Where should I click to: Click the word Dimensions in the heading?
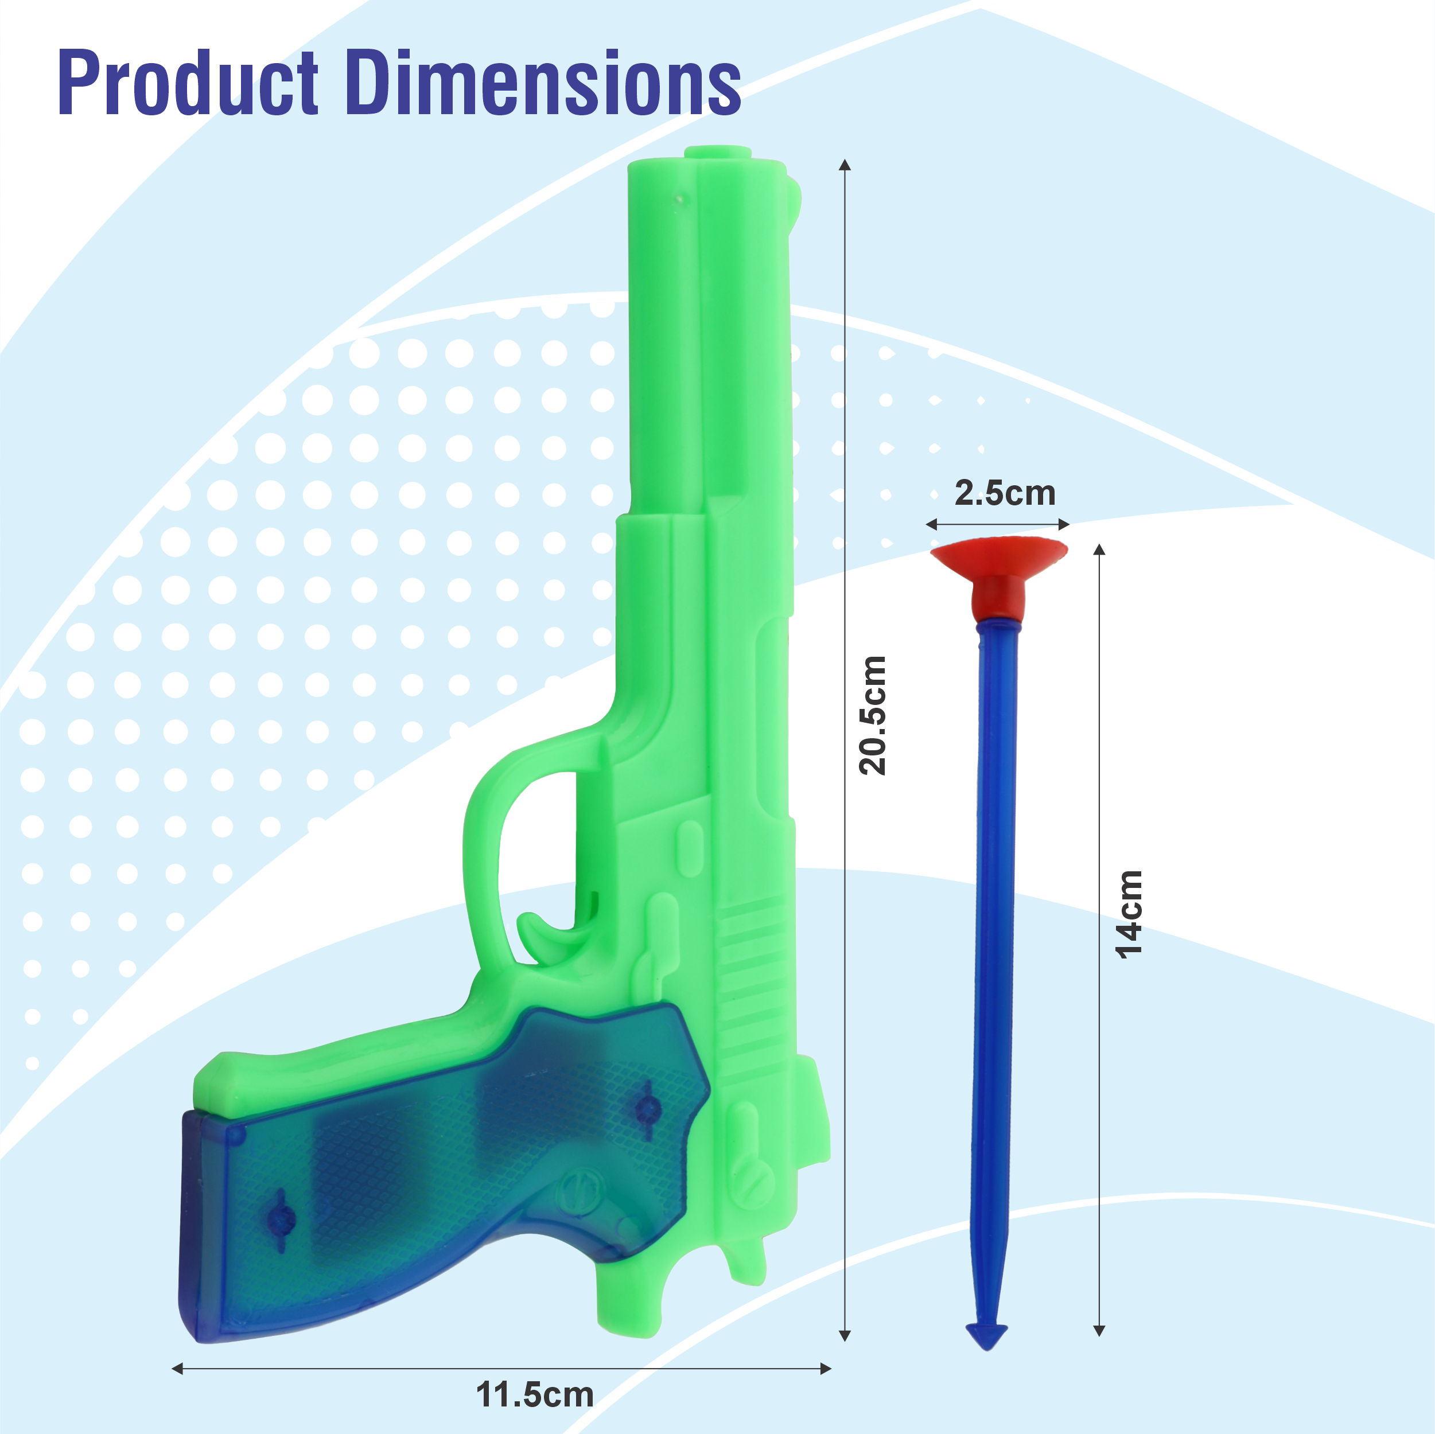coord(543,83)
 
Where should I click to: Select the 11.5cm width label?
coord(534,1394)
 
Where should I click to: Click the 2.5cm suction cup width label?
coord(1004,493)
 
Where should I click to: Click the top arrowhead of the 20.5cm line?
coord(845,165)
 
